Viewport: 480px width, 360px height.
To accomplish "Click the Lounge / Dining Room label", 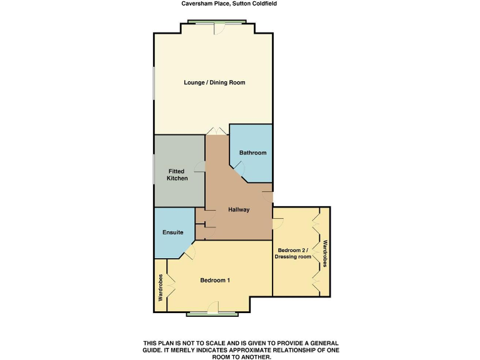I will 214,82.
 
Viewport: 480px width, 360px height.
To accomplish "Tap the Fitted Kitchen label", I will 177,174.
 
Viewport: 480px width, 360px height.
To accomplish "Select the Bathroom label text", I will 252,152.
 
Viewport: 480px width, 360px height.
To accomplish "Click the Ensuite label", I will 172,232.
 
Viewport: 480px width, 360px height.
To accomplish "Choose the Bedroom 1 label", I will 215,280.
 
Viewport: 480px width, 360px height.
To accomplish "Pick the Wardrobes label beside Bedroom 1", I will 161,288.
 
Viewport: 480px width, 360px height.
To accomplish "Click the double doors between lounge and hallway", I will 217,131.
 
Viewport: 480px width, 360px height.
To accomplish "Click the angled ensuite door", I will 188,252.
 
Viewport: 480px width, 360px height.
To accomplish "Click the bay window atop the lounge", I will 214,24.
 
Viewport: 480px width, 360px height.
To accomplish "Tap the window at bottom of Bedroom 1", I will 214,314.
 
